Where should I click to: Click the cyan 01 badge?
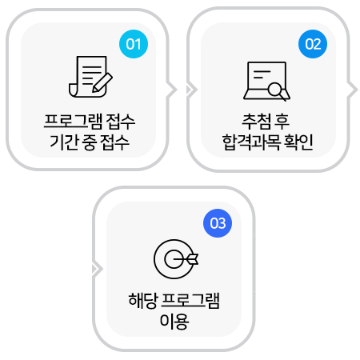pos(134,44)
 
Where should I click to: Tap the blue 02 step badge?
pos(313,44)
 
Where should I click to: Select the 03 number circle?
pos(218,223)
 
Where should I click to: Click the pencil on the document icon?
pos(102,82)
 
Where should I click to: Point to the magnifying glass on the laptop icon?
pos(278,90)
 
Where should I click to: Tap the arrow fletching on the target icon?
pos(193,259)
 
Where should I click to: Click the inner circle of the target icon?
pos(174,259)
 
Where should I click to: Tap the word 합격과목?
pos(251,142)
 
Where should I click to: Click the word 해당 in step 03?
pos(143,301)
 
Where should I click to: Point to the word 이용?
pos(174,322)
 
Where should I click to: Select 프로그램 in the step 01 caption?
pos(73,122)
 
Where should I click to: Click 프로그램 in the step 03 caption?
pos(190,301)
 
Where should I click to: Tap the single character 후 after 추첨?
pos(281,122)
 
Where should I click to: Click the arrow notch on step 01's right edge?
pos(171,90)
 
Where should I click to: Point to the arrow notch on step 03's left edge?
pos(97,269)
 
